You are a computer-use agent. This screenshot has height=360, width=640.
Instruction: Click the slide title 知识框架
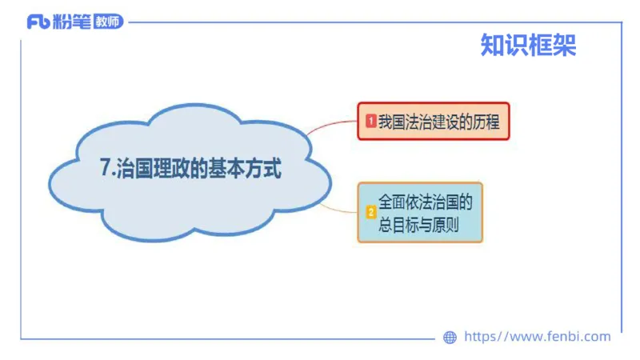528,46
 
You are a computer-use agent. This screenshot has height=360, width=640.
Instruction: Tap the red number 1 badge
370,122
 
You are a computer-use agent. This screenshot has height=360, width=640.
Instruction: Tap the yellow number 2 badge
370,213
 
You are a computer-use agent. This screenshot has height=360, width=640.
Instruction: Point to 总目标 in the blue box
398,224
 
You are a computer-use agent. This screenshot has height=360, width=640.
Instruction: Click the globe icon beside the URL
450,338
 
